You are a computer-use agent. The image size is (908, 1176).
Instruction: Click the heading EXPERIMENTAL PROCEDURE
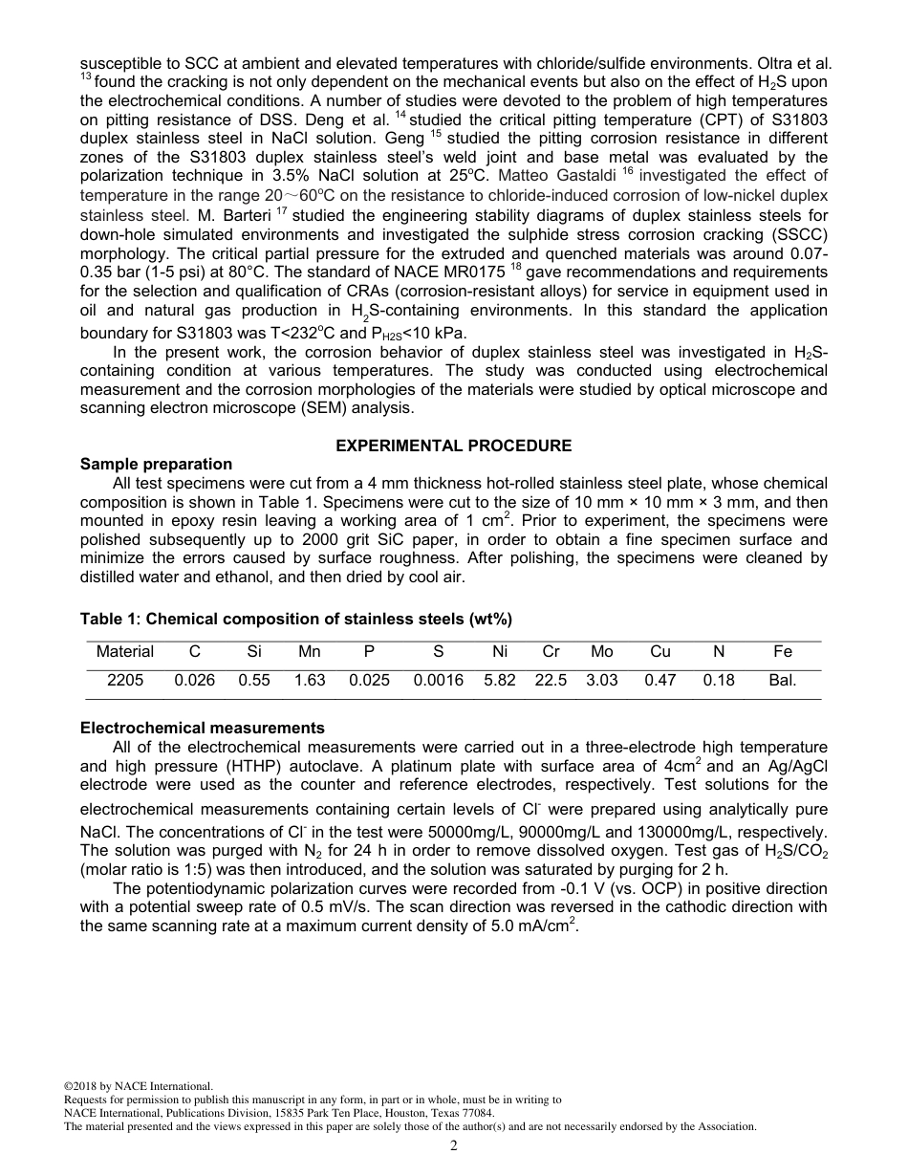(x=453, y=446)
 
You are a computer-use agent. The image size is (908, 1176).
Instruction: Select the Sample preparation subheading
(x=156, y=465)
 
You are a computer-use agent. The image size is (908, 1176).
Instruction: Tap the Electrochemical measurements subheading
(x=202, y=728)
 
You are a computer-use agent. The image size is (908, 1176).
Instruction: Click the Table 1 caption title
(x=296, y=620)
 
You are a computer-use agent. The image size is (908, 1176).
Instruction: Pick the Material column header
(x=124, y=652)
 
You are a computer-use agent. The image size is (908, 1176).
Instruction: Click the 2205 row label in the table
(x=124, y=681)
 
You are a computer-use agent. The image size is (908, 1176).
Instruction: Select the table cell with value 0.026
(x=194, y=681)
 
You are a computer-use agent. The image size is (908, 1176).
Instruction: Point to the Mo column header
(x=601, y=652)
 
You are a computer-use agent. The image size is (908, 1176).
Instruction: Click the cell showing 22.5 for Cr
(x=551, y=681)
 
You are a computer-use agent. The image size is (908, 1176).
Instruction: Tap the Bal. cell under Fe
(x=782, y=681)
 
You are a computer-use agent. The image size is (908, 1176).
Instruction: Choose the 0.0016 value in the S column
(x=438, y=681)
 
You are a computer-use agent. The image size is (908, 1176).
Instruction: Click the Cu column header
(x=659, y=652)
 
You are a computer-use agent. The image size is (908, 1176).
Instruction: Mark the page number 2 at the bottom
(x=454, y=1146)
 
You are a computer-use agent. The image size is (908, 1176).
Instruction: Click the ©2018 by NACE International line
(x=139, y=1086)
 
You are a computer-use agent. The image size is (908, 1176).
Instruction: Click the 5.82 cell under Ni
(x=499, y=681)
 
